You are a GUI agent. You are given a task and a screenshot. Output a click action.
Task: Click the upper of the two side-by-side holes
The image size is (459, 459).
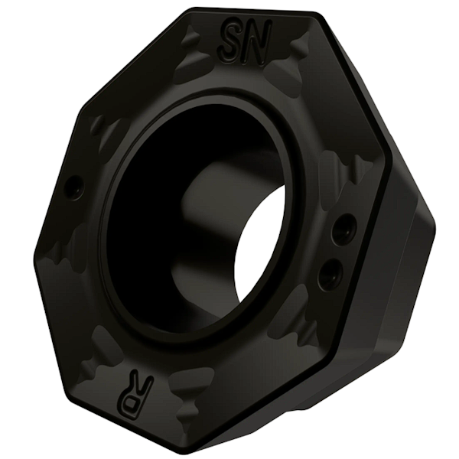(x=343, y=228)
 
